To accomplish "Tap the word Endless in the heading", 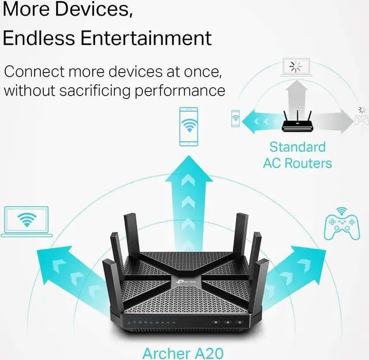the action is point(37,38).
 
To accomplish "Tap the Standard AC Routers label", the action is point(298,154).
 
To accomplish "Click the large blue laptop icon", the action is point(27,222).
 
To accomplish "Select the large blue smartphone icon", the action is point(188,126).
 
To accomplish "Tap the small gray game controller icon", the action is point(362,119).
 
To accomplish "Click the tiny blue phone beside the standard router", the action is point(235,118).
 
